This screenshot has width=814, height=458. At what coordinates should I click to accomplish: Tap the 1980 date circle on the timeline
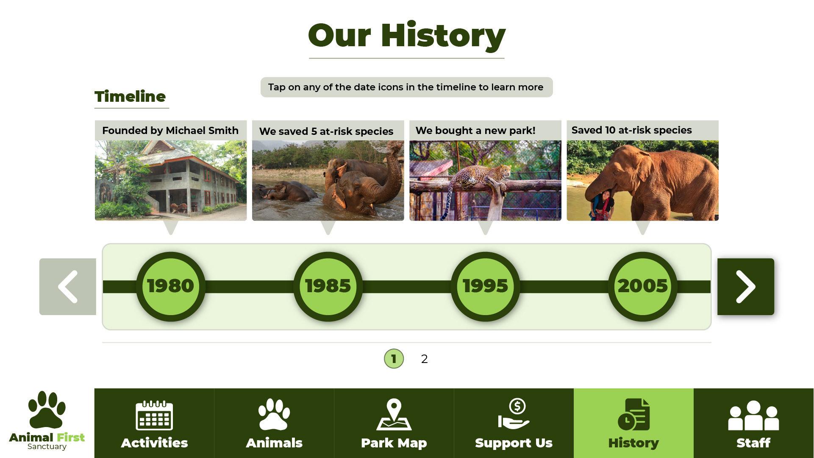[171, 287]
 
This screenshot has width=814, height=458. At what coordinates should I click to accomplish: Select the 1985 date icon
[328, 287]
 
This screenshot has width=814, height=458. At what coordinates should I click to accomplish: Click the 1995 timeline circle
[485, 287]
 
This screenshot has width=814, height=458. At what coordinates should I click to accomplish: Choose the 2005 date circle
[643, 287]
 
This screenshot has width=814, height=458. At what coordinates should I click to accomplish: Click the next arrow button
[746, 287]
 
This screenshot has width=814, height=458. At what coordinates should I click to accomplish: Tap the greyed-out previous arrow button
[68, 287]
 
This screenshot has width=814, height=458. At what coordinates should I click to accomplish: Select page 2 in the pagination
[425, 359]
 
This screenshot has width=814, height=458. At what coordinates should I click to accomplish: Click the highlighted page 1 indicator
[394, 359]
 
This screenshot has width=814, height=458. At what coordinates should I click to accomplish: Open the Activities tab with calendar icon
[154, 423]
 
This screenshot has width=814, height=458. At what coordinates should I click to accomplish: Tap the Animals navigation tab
[274, 423]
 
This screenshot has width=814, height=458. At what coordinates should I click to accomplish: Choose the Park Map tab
[394, 423]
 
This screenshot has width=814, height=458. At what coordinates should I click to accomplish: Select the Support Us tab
[514, 423]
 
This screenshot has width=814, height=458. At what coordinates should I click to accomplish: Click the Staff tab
[754, 423]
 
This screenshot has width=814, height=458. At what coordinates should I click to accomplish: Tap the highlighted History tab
[634, 423]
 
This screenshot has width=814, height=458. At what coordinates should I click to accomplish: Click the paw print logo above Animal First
[47, 410]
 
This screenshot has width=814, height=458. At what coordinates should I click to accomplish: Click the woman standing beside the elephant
[602, 205]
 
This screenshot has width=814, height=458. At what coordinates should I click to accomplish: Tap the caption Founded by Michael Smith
[170, 131]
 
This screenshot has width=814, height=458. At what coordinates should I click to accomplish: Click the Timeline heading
[130, 97]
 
